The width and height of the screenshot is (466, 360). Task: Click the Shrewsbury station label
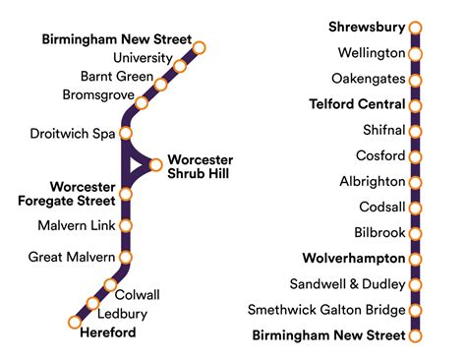click(x=366, y=28)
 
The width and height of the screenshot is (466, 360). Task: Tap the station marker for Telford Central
click(x=415, y=104)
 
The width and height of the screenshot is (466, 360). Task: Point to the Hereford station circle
click(x=74, y=322)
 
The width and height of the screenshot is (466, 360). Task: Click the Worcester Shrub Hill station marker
click(x=157, y=164)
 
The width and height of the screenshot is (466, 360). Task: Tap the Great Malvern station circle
click(x=126, y=258)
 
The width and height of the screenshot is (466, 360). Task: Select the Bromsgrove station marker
click(x=142, y=102)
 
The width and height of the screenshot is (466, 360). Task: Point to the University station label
click(x=144, y=58)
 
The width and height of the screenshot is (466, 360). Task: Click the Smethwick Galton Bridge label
click(x=326, y=310)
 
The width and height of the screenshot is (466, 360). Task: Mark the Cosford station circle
click(x=415, y=155)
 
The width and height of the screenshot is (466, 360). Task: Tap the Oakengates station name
click(x=371, y=79)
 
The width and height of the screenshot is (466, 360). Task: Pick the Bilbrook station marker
click(x=415, y=233)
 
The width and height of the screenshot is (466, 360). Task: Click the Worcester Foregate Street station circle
click(x=126, y=194)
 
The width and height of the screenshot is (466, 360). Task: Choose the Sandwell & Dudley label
click(x=355, y=284)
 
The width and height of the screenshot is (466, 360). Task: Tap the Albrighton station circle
click(x=415, y=182)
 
